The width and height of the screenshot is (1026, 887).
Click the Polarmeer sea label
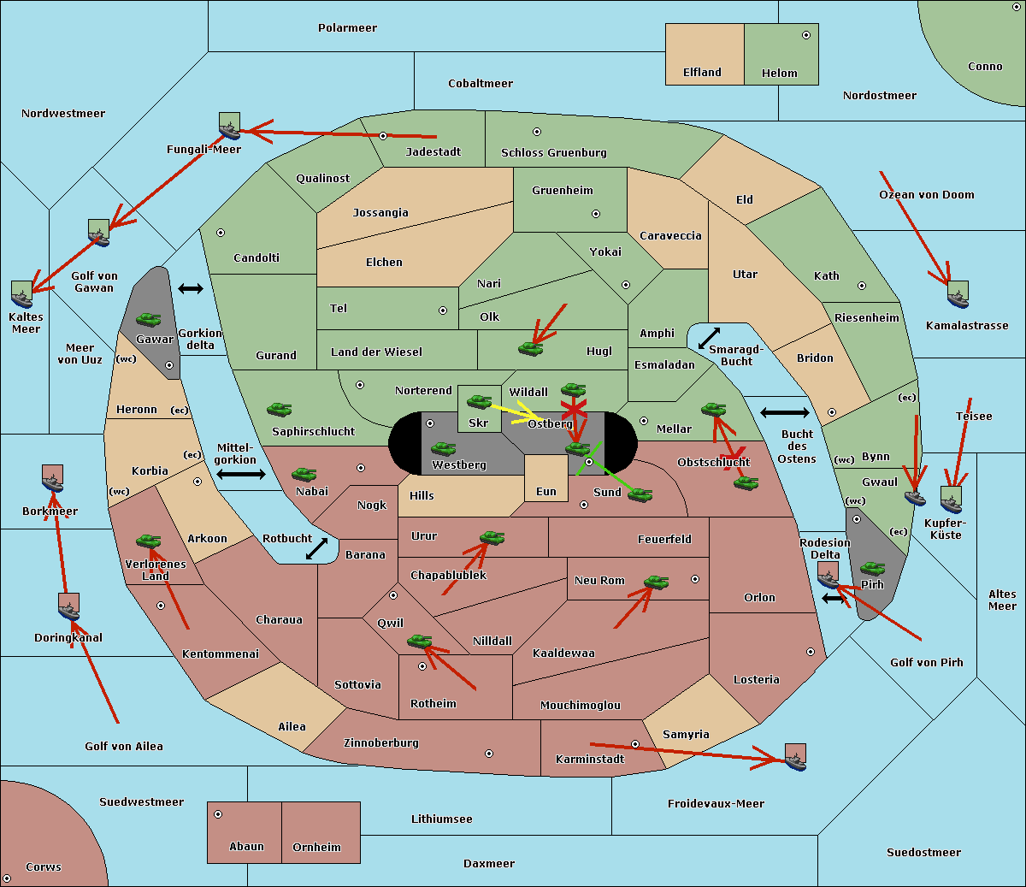[347, 28]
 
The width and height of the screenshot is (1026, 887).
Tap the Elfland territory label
[702, 73]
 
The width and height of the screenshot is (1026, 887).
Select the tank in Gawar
[149, 320]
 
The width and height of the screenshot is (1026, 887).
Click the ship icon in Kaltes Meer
[22, 295]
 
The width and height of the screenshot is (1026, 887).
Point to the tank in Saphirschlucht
[280, 411]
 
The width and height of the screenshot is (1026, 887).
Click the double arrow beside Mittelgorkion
[241, 475]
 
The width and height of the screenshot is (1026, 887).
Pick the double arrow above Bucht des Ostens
[784, 413]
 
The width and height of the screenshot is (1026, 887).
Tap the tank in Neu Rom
[656, 582]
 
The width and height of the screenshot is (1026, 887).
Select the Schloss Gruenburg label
[553, 153]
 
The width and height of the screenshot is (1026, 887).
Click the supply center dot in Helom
[805, 35]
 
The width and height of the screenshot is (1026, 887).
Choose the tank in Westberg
[443, 448]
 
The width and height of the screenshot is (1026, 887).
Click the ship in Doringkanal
[69, 608]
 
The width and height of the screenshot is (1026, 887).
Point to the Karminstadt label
[590, 760]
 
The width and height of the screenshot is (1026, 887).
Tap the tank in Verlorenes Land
[149, 541]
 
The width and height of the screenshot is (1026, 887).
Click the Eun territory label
[546, 492]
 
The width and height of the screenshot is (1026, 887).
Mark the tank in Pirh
[872, 568]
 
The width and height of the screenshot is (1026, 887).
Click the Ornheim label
[316, 848]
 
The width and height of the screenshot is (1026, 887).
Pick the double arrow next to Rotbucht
[316, 549]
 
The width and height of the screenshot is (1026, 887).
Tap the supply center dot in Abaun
[218, 814]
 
